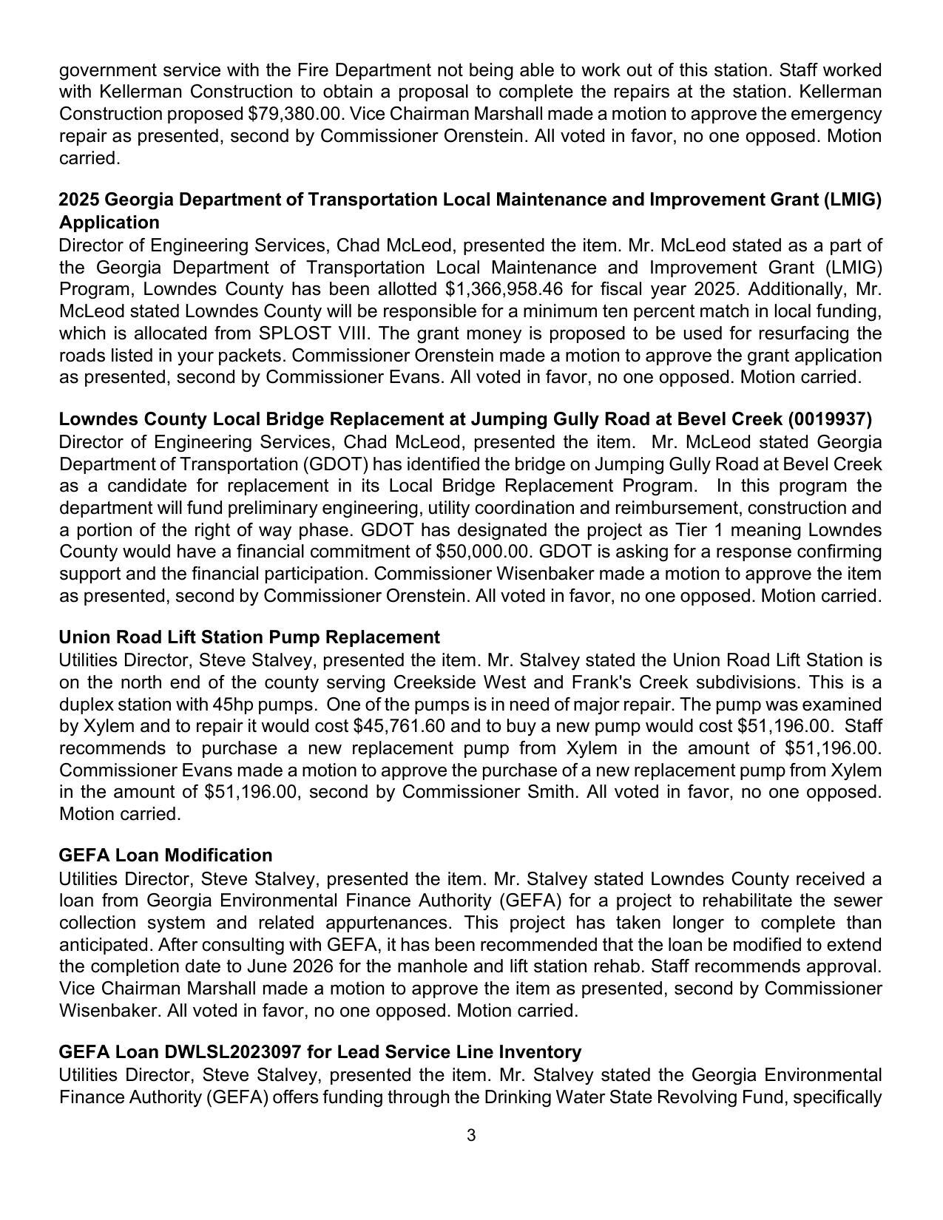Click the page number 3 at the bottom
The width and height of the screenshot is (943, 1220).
[x=471, y=1136]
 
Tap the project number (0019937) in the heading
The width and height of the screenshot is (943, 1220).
[x=830, y=419]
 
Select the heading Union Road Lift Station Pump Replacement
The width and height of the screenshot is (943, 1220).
[x=249, y=637]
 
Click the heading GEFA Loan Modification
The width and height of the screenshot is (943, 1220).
[x=166, y=855]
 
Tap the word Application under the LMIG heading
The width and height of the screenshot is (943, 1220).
[x=109, y=223]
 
